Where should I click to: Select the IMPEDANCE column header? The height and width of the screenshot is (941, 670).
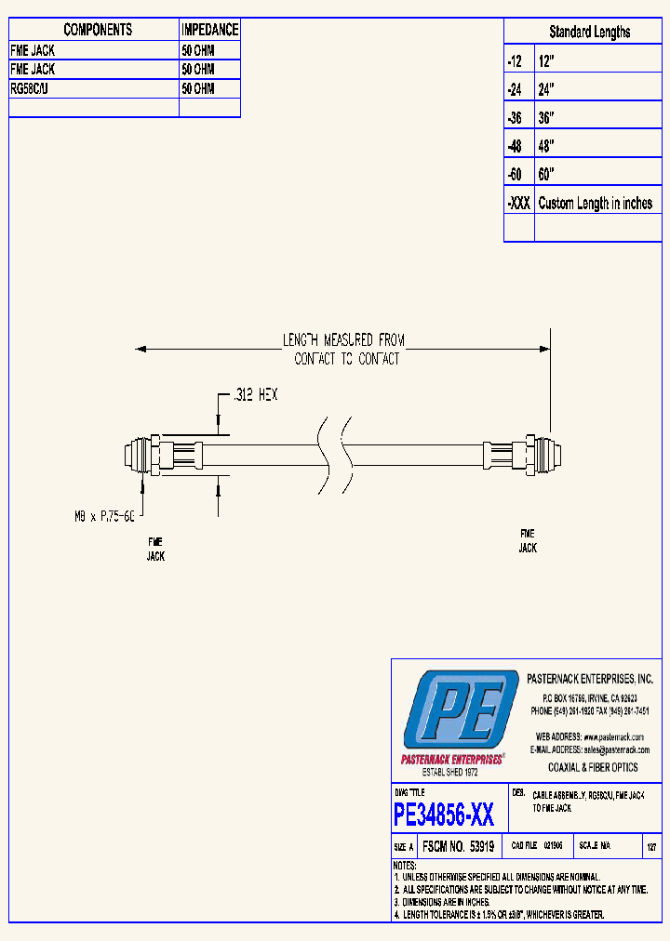coord(209,30)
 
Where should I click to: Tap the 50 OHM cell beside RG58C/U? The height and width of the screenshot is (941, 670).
coord(198,88)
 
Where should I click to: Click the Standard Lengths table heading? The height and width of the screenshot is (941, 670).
coord(589,32)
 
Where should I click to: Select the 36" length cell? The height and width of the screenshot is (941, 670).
coord(547,118)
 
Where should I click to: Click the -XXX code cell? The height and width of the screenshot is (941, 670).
coord(519,203)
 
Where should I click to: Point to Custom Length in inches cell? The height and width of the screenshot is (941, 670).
coord(596,203)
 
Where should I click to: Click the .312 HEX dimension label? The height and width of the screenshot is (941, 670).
coord(255,395)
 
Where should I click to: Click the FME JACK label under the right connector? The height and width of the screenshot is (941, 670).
coord(528,541)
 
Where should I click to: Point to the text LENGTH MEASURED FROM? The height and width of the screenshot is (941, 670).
coord(344,340)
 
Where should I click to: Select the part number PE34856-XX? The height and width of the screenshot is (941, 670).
coord(444,815)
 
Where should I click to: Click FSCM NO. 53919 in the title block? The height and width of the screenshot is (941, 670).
coord(457,847)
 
